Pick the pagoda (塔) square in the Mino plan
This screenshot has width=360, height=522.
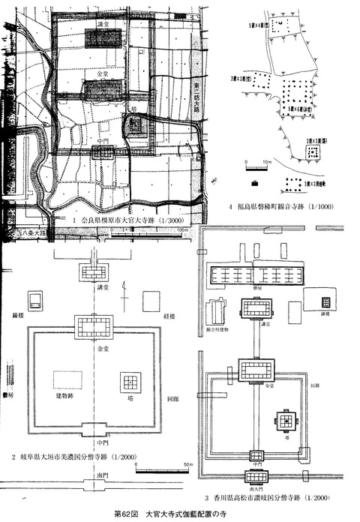pyautogui.click(x=131, y=381)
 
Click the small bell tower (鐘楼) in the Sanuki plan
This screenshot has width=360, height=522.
pyautogui.click(x=325, y=301)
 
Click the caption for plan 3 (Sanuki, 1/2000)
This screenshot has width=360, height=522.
pyautogui.click(x=269, y=497)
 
